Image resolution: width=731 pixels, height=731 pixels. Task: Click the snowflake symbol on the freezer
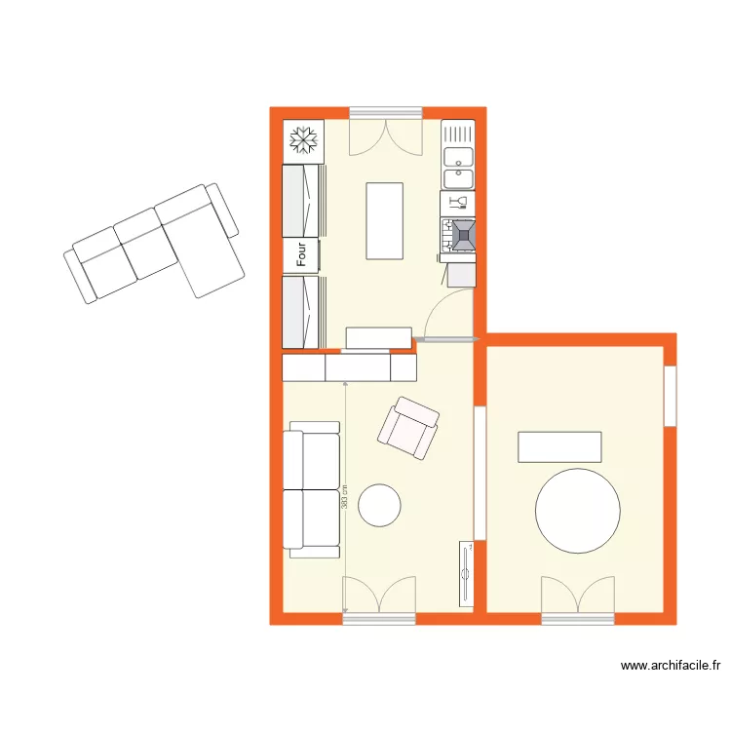pos(303,142)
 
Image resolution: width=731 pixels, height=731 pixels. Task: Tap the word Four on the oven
pos(303,255)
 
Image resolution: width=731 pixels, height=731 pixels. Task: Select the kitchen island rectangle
pos(384,220)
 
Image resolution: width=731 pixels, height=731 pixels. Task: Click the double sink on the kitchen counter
pos(458,167)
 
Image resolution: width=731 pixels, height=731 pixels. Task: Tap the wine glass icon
pos(459,203)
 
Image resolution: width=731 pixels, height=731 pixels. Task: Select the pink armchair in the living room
pos(408,428)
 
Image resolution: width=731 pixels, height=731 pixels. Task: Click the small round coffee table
pos(379,504)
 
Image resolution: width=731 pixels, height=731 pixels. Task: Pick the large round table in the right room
pos(578,511)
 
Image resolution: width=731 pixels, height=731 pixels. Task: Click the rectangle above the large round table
pos(560,446)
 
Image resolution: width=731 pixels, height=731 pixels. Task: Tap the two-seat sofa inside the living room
pos(312,489)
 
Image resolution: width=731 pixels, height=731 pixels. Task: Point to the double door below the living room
pos(379,597)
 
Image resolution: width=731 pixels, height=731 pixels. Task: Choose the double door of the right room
pos(578,596)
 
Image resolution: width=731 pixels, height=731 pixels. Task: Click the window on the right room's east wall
pos(671,395)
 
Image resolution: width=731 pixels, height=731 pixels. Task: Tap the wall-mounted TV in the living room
pos(466,574)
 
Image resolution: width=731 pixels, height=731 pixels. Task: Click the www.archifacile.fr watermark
pos(671,667)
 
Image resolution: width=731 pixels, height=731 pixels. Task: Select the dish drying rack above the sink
pos(458,132)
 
